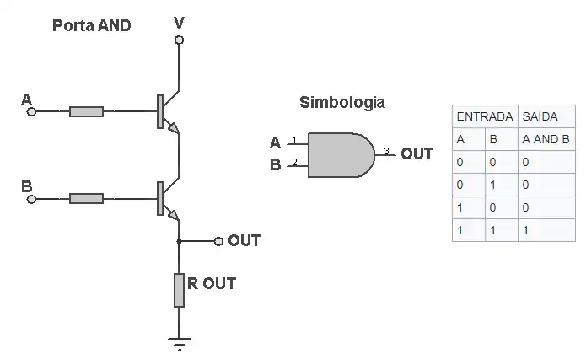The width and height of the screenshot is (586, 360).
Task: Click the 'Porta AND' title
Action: pyautogui.click(x=92, y=25)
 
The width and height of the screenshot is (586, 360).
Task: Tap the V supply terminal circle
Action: pyautogui.click(x=179, y=40)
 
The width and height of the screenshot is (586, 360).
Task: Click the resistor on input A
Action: pyautogui.click(x=86, y=111)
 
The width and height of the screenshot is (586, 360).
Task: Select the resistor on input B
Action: pyautogui.click(x=86, y=199)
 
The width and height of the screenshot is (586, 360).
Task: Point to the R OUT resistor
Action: pyautogui.click(x=179, y=289)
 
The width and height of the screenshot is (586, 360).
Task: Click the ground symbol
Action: pyautogui.click(x=179, y=342)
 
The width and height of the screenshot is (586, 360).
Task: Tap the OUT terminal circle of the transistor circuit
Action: pyautogui.click(x=218, y=241)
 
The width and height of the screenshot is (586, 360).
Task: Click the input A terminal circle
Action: pyautogui.click(x=32, y=111)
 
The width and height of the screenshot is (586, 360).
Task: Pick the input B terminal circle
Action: pyautogui.click(x=32, y=199)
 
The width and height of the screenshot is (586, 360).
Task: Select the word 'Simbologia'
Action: pyautogui.click(x=342, y=103)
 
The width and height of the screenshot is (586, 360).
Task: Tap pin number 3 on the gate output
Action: pyautogui.click(x=386, y=151)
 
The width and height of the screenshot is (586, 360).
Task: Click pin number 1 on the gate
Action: pyautogui.click(x=293, y=140)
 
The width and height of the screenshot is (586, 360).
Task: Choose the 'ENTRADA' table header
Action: pyautogui.click(x=484, y=116)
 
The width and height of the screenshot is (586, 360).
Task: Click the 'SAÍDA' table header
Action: pyautogui.click(x=540, y=116)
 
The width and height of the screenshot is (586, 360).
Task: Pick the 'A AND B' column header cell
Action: pyautogui.click(x=546, y=139)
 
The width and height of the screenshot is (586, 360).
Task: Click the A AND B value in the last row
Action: pyautogui.click(x=526, y=229)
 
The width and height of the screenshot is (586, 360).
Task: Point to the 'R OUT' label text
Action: pyautogui.click(x=211, y=283)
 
